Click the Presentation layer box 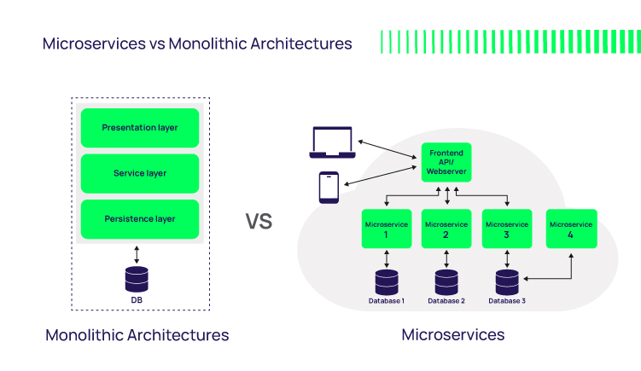[140, 128]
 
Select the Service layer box [140, 173]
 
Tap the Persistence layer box [140, 219]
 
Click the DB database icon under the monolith [137, 279]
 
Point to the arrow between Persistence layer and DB [137, 253]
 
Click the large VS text [259, 222]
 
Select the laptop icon [334, 143]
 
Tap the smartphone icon [329, 188]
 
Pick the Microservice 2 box [446, 229]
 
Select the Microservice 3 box [507, 229]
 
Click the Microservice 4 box [571, 229]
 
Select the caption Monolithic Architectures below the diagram [137, 335]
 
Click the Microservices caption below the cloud [453, 335]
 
